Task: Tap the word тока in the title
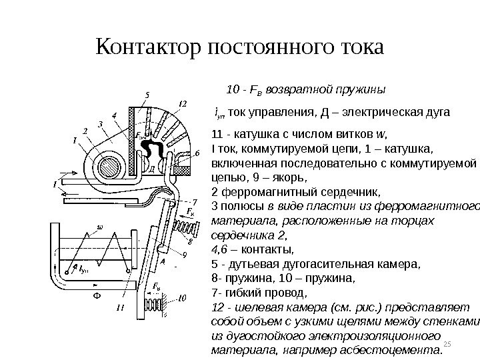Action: point(355,48)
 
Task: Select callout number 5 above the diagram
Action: point(147,93)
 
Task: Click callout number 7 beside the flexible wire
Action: point(195,201)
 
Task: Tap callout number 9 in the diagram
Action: point(185,253)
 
